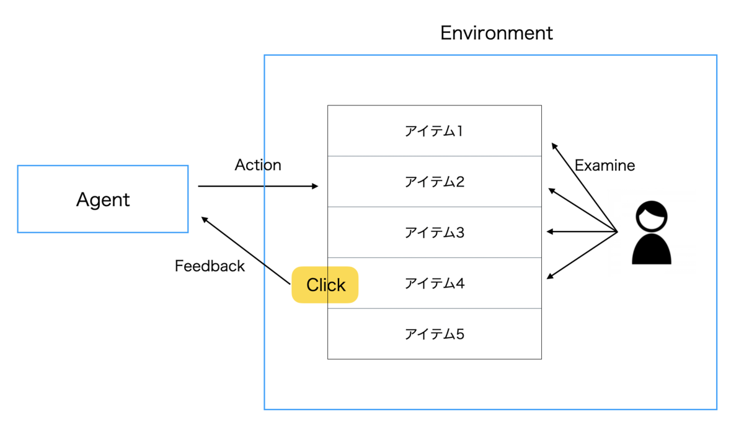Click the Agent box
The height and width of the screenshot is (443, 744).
[103, 199]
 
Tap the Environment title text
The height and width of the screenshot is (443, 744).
[496, 32]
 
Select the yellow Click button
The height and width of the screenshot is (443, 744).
[325, 285]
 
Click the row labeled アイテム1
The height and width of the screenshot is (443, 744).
[434, 131]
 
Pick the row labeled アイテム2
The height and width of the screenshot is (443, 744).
[434, 182]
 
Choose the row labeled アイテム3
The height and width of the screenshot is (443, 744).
[434, 233]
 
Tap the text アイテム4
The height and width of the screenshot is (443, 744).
[434, 284]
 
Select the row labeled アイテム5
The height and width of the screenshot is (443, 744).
[434, 334]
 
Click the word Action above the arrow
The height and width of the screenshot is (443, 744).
[258, 165]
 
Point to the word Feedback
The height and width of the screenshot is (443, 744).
[210, 266]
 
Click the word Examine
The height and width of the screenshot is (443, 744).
[604, 166]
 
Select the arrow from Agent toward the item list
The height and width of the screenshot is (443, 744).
[257, 186]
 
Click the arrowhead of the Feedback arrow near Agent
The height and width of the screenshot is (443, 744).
[203, 219]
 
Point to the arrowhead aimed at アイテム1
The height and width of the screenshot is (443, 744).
[553, 145]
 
